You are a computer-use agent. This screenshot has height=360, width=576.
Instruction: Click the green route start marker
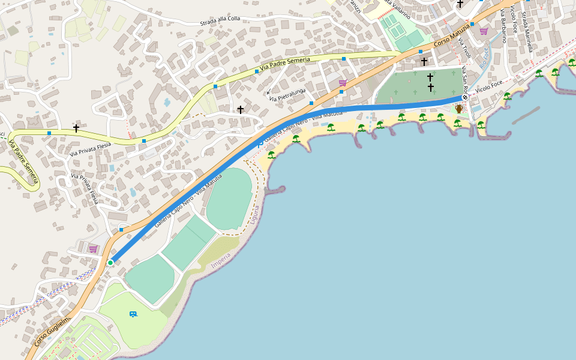click(x=110, y=263)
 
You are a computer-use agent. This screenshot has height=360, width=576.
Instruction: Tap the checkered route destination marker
click(x=464, y=97)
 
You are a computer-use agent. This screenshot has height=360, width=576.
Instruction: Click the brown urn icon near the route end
click(x=459, y=109)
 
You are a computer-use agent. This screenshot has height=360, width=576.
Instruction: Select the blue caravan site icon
click(x=133, y=314)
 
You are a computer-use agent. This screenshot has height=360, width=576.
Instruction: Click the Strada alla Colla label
click(x=220, y=21)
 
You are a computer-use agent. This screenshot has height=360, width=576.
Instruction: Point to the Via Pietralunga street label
click(x=287, y=94)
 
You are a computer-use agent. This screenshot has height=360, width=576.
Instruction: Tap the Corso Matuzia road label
click(x=452, y=35)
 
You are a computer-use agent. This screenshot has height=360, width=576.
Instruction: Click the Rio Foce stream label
click(x=484, y=56)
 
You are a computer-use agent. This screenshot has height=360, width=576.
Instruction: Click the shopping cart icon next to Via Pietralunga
click(x=343, y=83)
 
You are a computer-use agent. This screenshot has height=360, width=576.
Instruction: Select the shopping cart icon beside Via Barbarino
click(x=484, y=31)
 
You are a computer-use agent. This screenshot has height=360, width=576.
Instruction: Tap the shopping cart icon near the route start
click(x=93, y=248)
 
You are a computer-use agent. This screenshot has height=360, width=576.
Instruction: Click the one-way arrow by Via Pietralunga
click(x=268, y=92)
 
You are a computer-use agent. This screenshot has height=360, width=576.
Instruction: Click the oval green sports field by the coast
click(x=229, y=199)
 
